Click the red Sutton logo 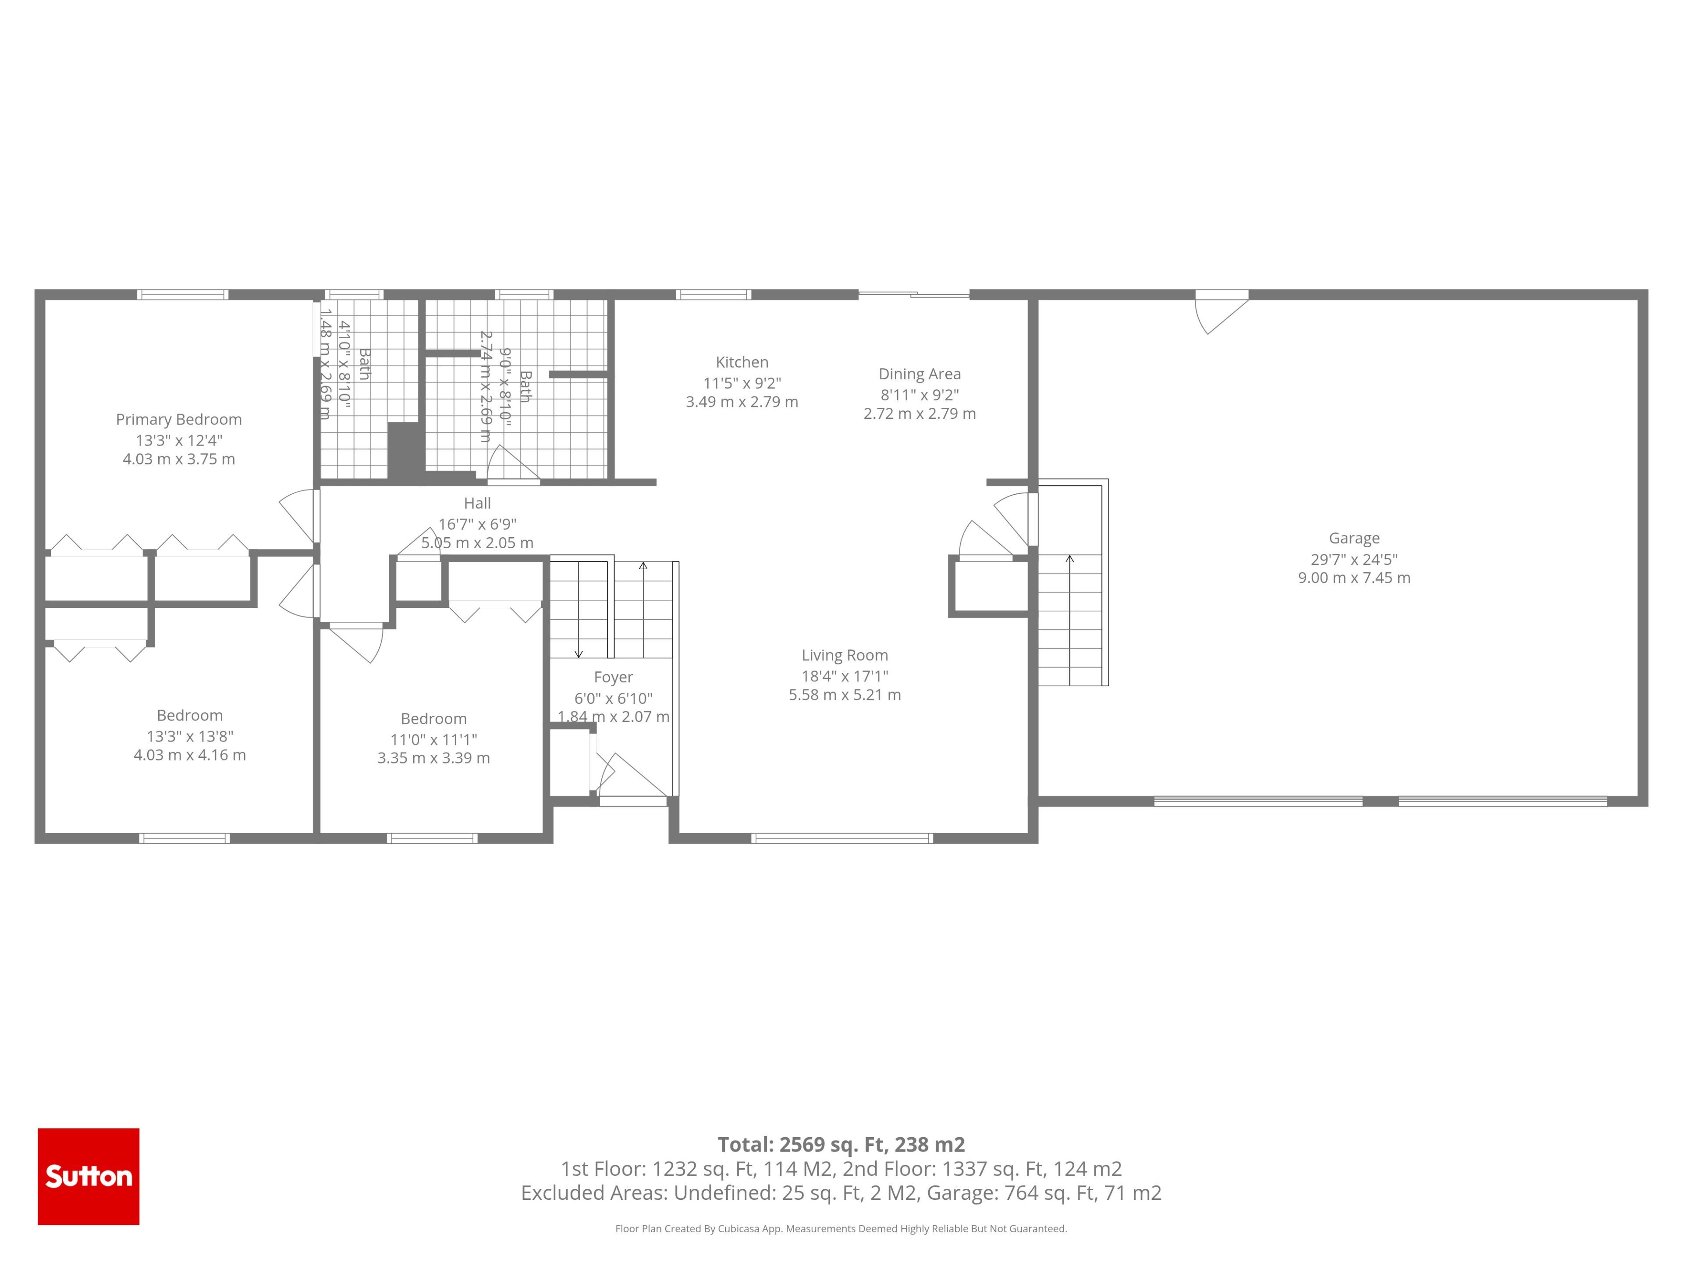tap(88, 1176)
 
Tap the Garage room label tap(1353, 538)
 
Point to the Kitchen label tap(742, 362)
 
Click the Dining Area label tap(919, 374)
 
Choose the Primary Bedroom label tap(179, 420)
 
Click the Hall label tap(477, 503)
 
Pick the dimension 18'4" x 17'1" tap(845, 675)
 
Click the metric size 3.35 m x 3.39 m tap(434, 758)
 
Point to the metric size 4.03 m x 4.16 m tap(189, 755)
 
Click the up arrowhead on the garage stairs tap(1070, 559)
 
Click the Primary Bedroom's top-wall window tap(183, 295)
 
